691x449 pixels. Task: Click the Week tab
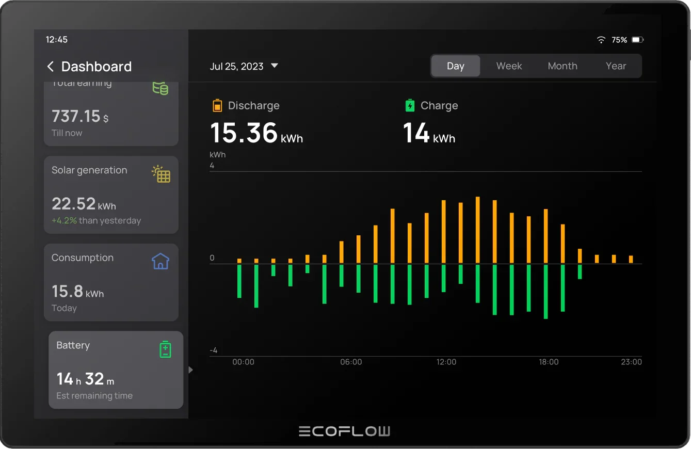pyautogui.click(x=509, y=66)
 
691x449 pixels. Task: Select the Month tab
pyautogui.click(x=562, y=66)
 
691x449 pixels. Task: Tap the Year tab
pyautogui.click(x=616, y=66)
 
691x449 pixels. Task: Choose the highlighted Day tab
pyautogui.click(x=455, y=66)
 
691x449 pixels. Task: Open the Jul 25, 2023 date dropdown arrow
pyautogui.click(x=275, y=66)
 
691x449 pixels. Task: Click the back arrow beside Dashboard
pyautogui.click(x=51, y=67)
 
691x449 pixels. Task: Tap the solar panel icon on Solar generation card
pyautogui.click(x=161, y=174)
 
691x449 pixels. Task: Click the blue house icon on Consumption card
pyautogui.click(x=160, y=261)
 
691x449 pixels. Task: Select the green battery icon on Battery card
pyautogui.click(x=165, y=349)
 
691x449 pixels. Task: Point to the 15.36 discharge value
pyautogui.click(x=244, y=133)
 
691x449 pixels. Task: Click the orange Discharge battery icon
pyautogui.click(x=217, y=106)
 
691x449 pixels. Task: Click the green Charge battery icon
pyautogui.click(x=410, y=106)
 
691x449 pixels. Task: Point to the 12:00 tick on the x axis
pyautogui.click(x=446, y=362)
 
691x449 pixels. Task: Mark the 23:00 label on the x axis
pyautogui.click(x=631, y=362)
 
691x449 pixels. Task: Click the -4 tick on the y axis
pyautogui.click(x=213, y=350)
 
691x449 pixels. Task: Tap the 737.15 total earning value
pyautogui.click(x=76, y=116)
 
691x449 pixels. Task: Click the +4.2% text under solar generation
pyautogui.click(x=64, y=220)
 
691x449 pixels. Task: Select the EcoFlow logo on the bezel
pyautogui.click(x=344, y=431)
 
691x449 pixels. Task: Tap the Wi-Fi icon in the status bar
pyautogui.click(x=601, y=40)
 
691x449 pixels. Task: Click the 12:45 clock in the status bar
pyautogui.click(x=57, y=40)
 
